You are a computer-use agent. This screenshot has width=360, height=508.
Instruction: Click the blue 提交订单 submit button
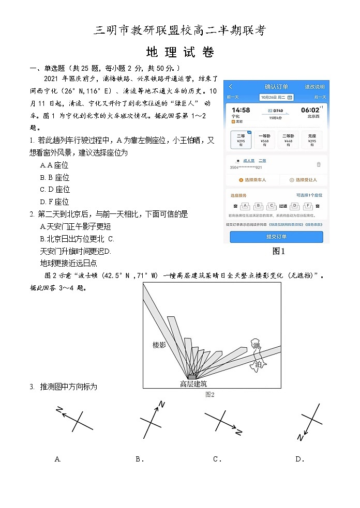tap(276, 236)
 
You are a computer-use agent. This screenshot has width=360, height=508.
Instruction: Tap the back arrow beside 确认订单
tap(231, 87)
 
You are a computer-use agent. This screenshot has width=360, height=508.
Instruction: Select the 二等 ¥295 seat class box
tap(241, 140)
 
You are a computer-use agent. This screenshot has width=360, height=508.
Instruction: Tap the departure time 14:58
tap(241, 110)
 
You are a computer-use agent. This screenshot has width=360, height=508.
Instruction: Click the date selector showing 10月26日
tap(276, 97)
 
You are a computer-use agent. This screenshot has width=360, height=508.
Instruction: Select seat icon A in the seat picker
tap(245, 205)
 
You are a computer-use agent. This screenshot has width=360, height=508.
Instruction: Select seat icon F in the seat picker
tap(308, 205)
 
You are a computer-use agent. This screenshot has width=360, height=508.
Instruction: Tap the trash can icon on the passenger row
tap(318, 164)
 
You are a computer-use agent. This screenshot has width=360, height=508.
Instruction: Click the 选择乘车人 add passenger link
tap(252, 180)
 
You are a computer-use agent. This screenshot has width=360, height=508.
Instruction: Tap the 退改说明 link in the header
tap(314, 87)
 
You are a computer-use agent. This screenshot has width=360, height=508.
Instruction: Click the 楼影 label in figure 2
tap(159, 345)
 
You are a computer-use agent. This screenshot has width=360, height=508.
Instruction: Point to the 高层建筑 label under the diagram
tap(193, 383)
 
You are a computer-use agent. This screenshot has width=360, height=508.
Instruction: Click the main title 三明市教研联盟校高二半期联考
tap(180, 30)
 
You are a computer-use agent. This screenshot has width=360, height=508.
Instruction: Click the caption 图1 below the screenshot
tap(278, 251)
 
